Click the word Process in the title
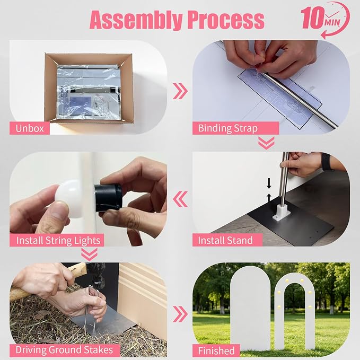[x=226, y=20]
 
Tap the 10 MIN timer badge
[x=325, y=20]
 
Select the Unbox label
[x=30, y=128]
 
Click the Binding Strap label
[x=235, y=128]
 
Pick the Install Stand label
[x=227, y=240]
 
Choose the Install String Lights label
[x=57, y=240]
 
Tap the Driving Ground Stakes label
[x=65, y=350]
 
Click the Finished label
[x=216, y=350]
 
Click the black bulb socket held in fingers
[x=108, y=197]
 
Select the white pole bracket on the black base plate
[x=282, y=213]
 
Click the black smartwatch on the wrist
[x=328, y=162]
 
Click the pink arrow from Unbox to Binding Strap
[x=180, y=91]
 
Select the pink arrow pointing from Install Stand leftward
[x=180, y=199]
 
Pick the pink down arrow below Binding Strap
[x=266, y=143]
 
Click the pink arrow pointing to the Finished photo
[x=180, y=314]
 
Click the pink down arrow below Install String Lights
[x=89, y=254]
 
